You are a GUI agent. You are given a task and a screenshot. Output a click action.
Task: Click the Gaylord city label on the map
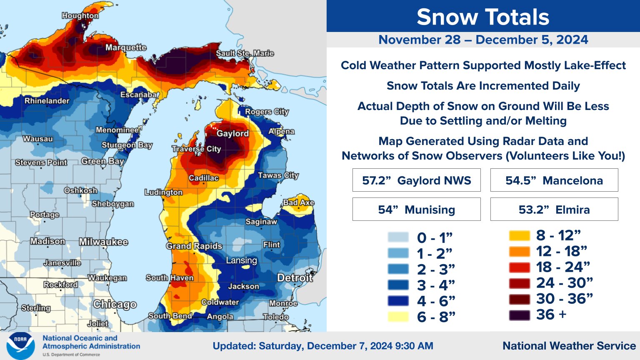[x=232, y=134]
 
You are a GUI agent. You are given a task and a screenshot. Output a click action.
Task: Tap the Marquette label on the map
[x=125, y=47]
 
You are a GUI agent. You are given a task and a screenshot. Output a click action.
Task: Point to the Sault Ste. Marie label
[x=245, y=53]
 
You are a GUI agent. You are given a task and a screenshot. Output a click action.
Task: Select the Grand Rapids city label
[x=194, y=246]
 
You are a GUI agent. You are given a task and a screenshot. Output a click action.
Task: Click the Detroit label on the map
[x=295, y=278]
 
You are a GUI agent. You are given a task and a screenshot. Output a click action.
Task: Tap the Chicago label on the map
[x=115, y=305]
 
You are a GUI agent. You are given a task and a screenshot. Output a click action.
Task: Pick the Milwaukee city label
[x=103, y=242]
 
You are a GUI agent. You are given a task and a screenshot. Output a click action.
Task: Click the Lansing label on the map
[x=241, y=261]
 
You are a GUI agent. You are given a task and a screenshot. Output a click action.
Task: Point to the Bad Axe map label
[x=298, y=202]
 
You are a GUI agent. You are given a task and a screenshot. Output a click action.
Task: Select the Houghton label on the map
[x=80, y=16]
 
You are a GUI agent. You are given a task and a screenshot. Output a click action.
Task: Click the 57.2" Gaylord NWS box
[x=416, y=180]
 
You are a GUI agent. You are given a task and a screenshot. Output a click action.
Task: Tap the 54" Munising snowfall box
[x=416, y=210]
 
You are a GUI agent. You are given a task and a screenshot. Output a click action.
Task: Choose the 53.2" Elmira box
[x=554, y=210]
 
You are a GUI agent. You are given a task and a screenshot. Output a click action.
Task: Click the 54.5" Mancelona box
[x=554, y=180]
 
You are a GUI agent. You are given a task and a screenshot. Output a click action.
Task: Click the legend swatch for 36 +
[x=519, y=315]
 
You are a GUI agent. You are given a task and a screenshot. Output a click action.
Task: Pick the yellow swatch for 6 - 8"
[x=398, y=317]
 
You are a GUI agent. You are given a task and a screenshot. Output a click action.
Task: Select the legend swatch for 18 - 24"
[x=519, y=267]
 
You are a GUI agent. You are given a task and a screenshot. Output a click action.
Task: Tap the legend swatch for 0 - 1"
[x=398, y=237]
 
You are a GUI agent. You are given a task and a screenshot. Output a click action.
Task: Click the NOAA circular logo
[x=20, y=346]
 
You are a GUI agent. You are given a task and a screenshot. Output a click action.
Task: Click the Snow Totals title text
[x=483, y=17]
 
